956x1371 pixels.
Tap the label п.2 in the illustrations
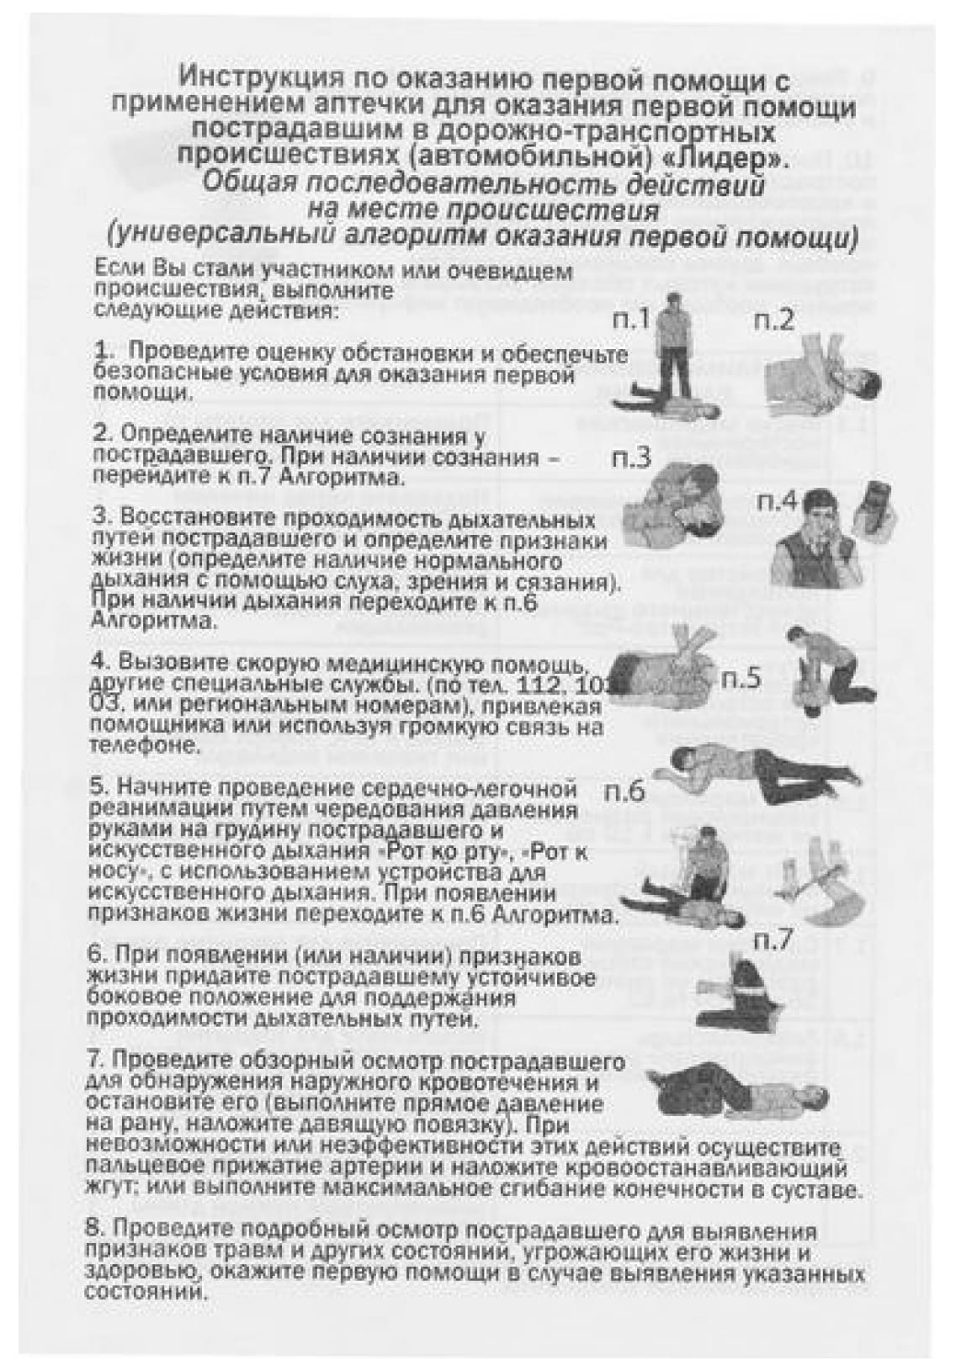[774, 320]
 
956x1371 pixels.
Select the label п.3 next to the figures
[631, 460]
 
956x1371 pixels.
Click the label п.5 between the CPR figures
[741, 677]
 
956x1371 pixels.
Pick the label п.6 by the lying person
[624, 791]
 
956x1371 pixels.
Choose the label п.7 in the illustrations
[773, 940]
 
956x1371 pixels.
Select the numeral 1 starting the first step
[102, 351]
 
